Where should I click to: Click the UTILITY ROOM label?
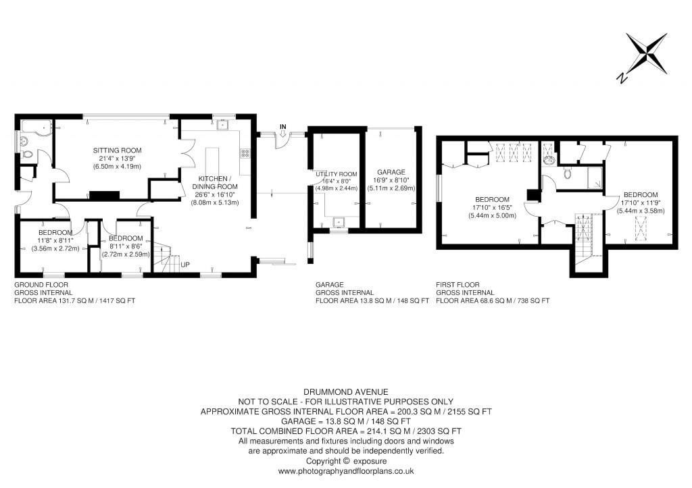tap(336, 174)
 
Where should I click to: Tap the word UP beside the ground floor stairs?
tap(184, 264)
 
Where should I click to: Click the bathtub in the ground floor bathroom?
tap(36, 125)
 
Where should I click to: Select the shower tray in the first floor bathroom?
tap(595, 178)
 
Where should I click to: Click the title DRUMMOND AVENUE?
tap(345, 391)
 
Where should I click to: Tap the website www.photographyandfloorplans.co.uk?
tap(345, 471)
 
